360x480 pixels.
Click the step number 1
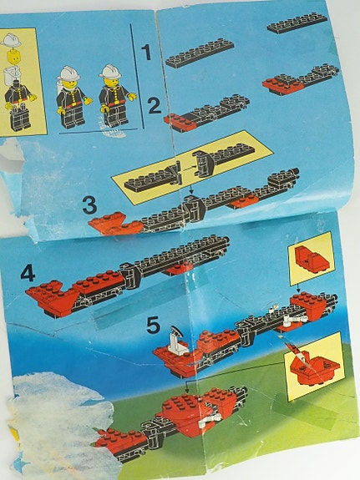(147, 54)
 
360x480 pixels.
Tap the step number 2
(153, 105)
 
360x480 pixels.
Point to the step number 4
(28, 273)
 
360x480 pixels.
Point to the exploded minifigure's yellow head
(14, 58)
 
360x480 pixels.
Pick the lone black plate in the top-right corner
(297, 23)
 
